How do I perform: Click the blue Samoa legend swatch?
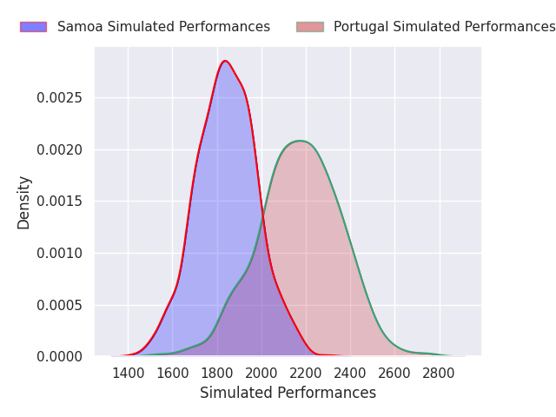(33, 27)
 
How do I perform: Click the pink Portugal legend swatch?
(310, 27)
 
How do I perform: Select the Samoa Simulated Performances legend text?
(164, 27)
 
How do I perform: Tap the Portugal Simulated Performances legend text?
(445, 27)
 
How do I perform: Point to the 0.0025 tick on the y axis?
(59, 98)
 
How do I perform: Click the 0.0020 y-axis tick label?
(59, 150)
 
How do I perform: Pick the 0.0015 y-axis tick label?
(59, 202)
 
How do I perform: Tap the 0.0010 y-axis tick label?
(59, 253)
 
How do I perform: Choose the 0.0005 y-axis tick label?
(59, 305)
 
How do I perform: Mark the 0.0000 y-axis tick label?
(59, 356)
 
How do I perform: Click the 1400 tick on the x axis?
(128, 374)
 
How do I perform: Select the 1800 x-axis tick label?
(217, 374)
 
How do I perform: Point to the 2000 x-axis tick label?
(261, 374)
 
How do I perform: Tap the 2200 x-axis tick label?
(306, 374)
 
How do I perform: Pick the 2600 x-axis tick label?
(394, 374)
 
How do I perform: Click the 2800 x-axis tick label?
(439, 374)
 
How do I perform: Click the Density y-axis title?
(23, 202)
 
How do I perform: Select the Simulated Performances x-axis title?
(288, 394)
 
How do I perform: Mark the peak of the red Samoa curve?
(225, 61)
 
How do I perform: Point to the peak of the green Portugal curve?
(301, 141)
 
